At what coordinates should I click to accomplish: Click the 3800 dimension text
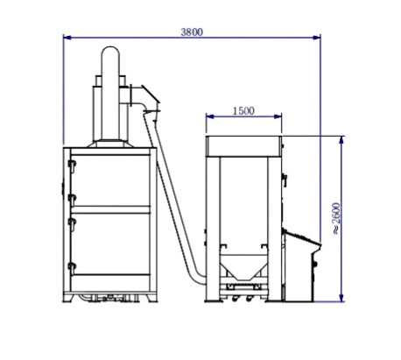192,32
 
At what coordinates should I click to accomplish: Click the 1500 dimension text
243,111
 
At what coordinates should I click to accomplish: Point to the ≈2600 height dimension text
336,218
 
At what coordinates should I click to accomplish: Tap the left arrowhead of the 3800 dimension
67,38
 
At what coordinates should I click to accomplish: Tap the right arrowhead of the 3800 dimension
316,38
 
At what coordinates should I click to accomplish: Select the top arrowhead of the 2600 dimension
341,140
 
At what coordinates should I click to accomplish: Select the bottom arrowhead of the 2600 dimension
341,298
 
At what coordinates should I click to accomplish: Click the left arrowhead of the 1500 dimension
210,116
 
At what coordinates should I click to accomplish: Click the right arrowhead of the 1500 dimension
278,116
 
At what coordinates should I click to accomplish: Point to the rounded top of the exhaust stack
110,50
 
